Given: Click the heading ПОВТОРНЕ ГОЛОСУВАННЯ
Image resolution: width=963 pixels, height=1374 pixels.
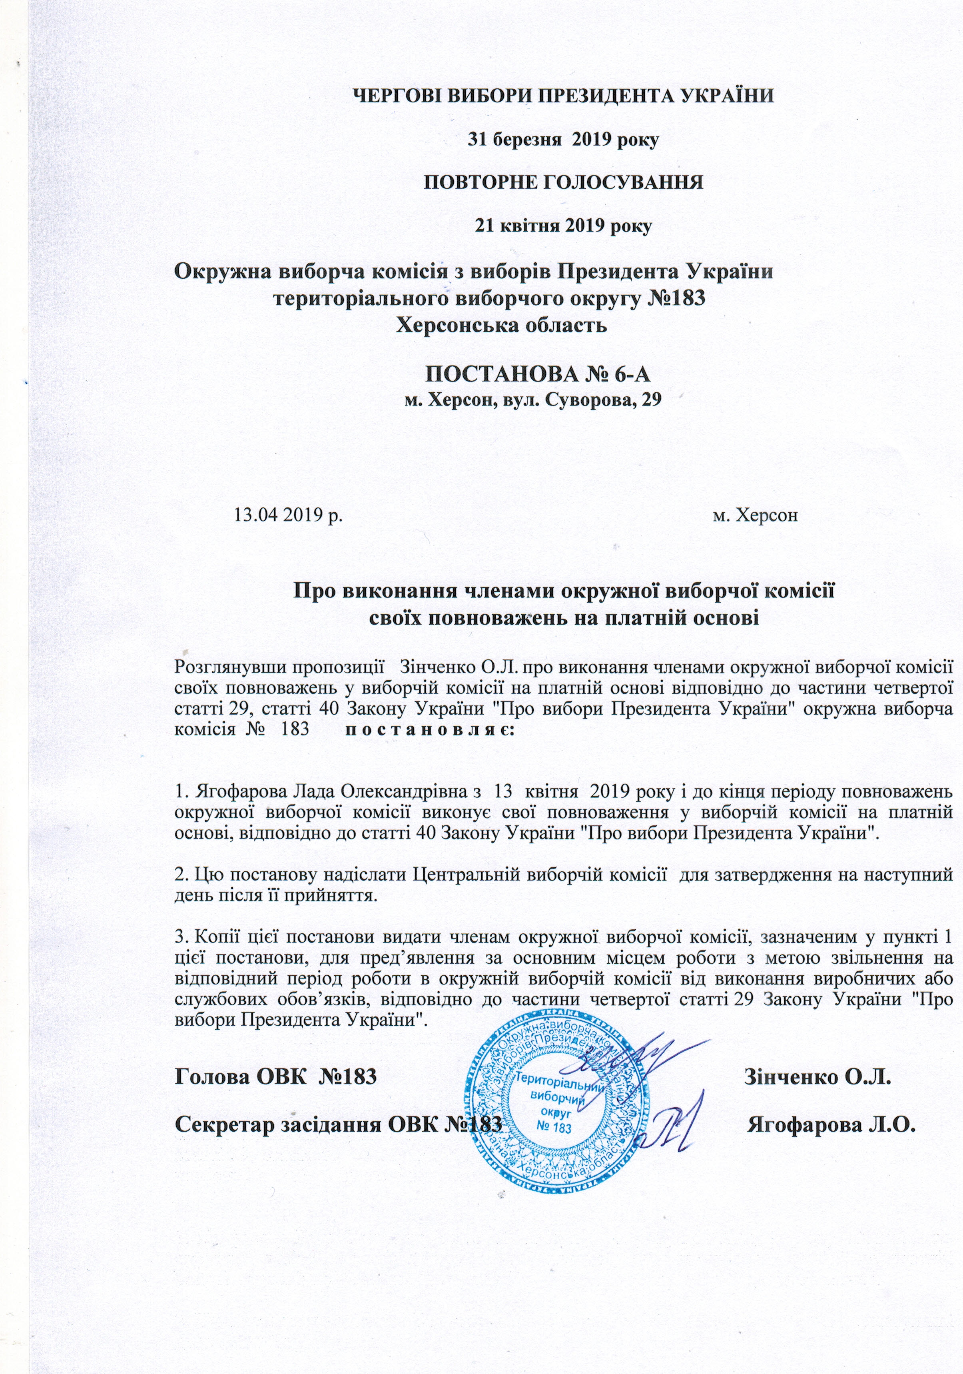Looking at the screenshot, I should click(x=563, y=182).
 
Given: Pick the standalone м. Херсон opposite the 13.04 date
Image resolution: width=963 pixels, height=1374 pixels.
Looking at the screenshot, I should click(x=756, y=515).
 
